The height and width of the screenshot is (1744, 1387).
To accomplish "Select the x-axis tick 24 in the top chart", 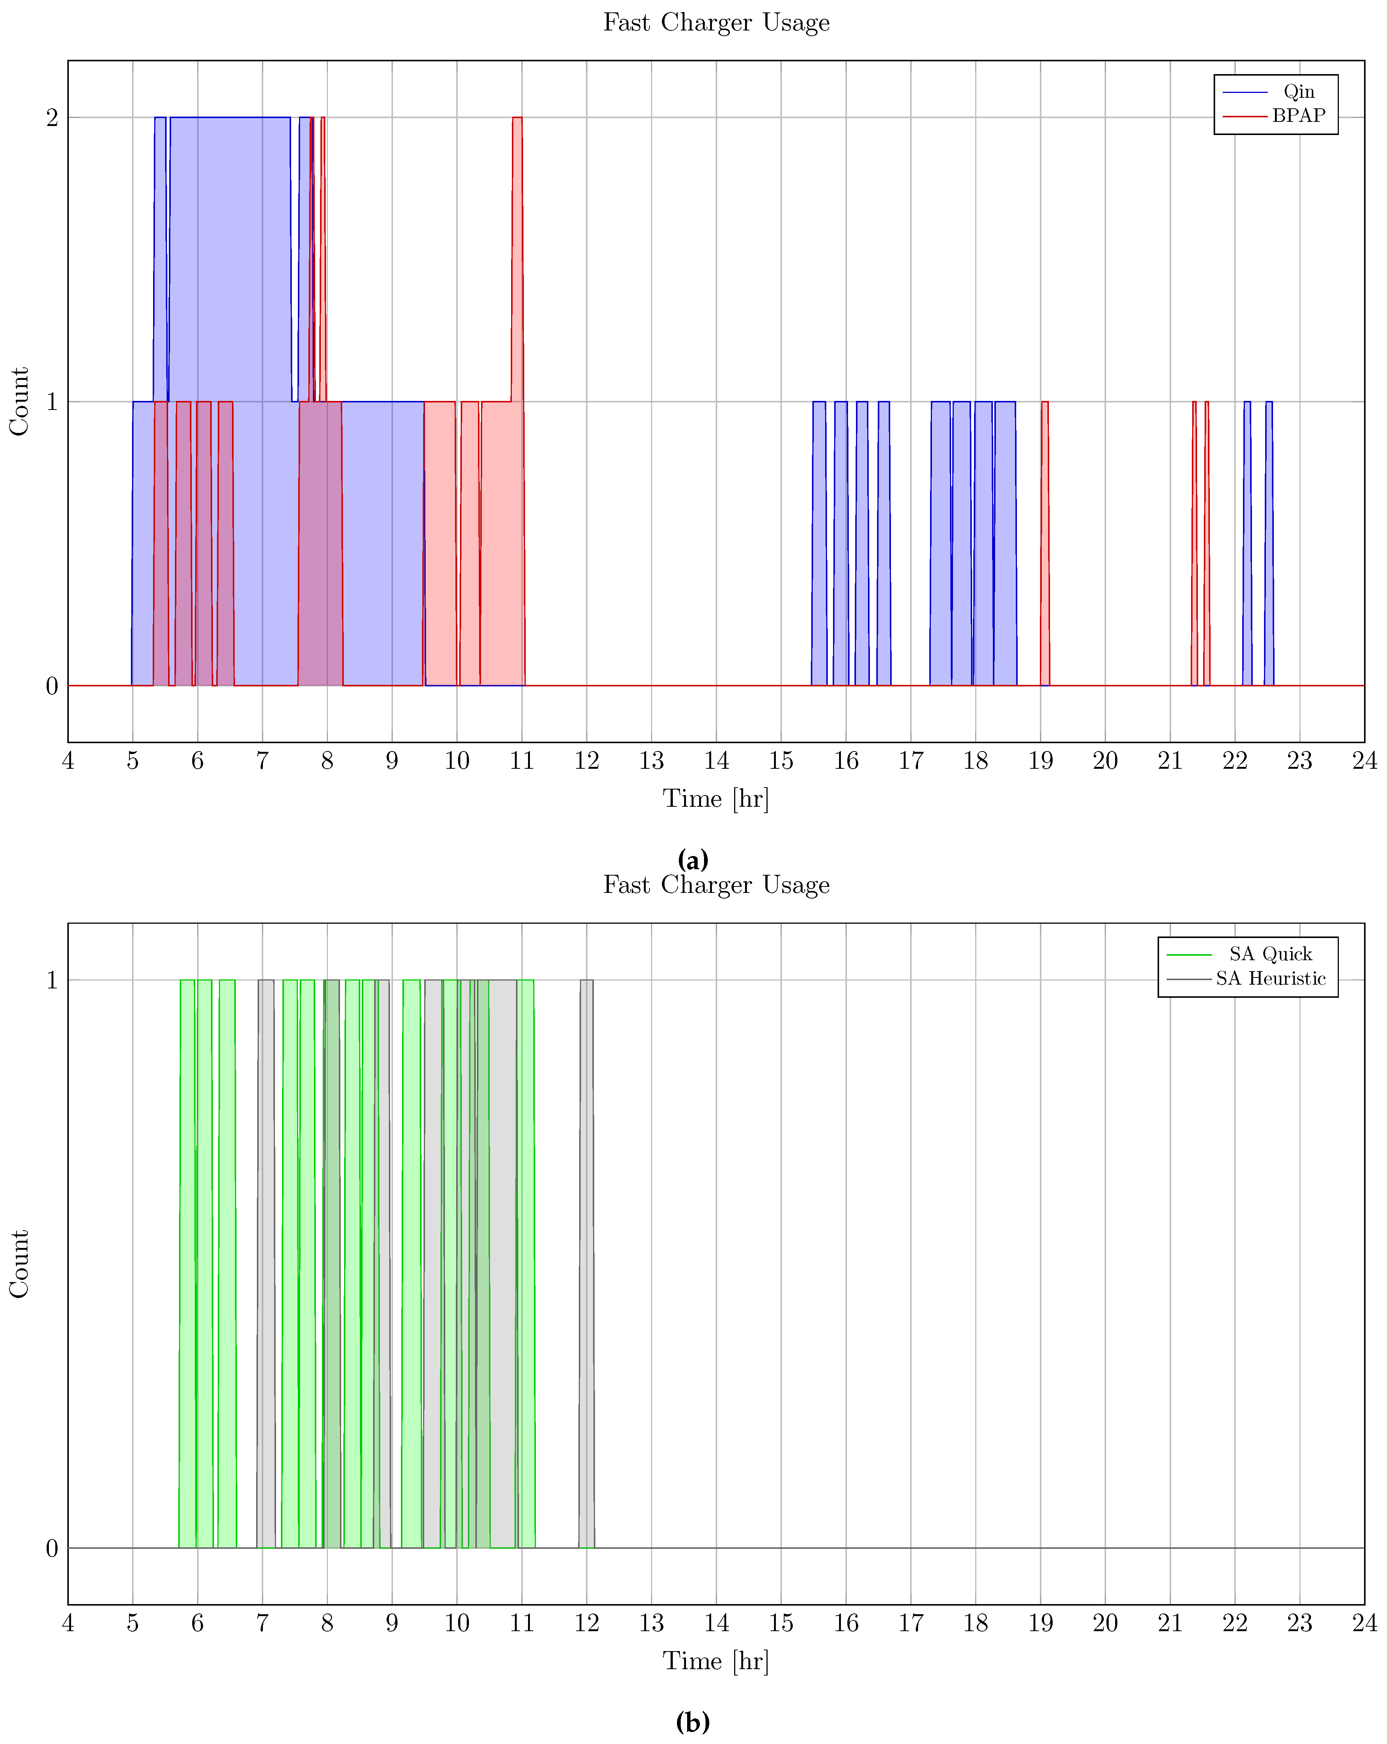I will (1364, 761).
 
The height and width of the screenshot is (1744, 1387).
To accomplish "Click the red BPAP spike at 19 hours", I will (1045, 542).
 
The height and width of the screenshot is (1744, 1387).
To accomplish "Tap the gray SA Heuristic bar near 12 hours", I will (586, 1262).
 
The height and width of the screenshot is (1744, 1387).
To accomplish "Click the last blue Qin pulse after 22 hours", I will (1269, 542).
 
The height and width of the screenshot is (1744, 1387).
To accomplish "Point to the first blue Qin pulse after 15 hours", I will (819, 542).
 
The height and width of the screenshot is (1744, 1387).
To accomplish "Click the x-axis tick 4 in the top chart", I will (68, 761).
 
